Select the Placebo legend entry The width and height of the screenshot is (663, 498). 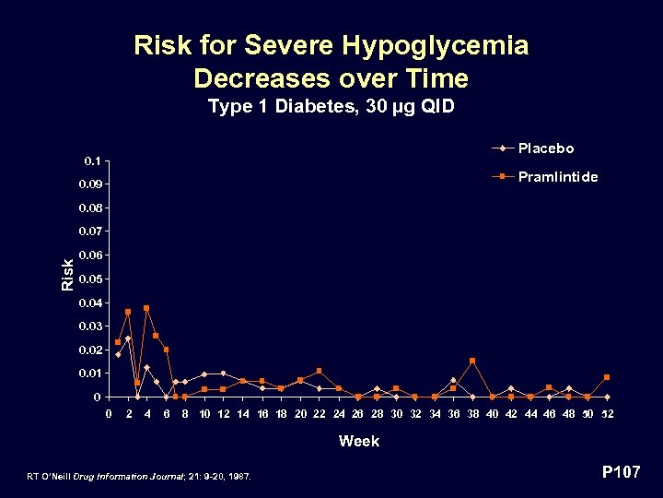point(545,148)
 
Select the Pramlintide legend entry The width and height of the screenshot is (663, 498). point(557,176)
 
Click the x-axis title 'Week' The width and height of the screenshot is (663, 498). point(358,441)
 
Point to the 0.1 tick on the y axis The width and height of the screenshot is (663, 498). point(92,160)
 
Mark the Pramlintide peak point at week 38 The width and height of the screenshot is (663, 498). point(472,361)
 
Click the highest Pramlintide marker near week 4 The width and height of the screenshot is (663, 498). point(146,308)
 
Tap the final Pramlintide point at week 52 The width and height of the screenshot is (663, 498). point(607,377)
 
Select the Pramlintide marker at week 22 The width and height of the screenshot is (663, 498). point(320,371)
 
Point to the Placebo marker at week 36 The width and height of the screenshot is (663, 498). point(453,380)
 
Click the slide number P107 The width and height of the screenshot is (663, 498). point(621,472)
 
